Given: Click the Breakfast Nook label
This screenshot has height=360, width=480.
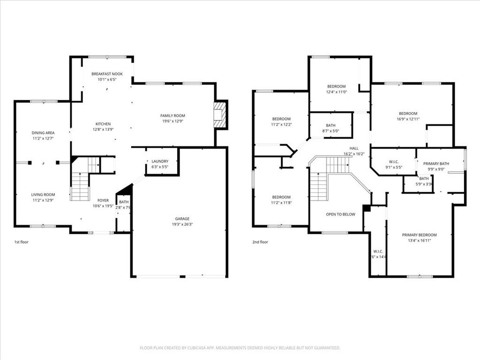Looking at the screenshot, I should (107, 74).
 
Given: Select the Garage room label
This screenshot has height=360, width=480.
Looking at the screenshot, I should (182, 219).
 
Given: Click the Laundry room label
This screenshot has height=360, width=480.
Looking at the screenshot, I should (160, 161).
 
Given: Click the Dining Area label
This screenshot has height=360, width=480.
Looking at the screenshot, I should (43, 133).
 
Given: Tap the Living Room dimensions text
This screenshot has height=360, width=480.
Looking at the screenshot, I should (43, 200).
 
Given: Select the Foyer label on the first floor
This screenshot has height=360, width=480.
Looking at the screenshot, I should (103, 200).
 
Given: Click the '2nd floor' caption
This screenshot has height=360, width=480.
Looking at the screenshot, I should (260, 242).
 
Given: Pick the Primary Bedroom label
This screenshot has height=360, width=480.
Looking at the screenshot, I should (419, 235).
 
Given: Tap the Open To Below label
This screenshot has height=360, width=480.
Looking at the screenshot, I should (340, 214).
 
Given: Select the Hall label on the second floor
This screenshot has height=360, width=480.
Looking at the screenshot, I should (354, 148).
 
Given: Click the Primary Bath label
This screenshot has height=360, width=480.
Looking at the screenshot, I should (436, 164).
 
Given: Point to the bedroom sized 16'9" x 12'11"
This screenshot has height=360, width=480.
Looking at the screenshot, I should (408, 113).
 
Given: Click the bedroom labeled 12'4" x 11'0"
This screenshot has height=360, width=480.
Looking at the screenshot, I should (336, 86).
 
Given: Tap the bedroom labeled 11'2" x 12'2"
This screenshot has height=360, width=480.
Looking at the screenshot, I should (281, 119).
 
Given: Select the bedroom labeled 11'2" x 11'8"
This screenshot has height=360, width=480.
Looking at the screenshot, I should (281, 197).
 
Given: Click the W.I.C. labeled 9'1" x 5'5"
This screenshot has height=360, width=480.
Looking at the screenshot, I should (393, 162).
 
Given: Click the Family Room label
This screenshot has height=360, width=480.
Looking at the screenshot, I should (172, 116).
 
